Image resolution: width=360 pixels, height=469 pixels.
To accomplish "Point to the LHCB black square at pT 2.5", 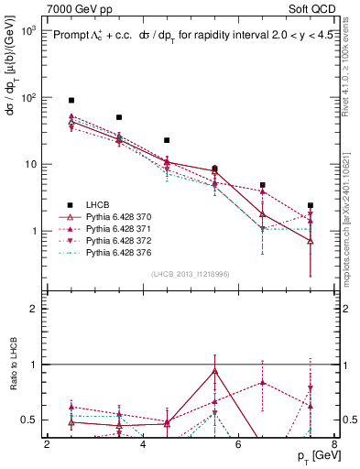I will tap(71, 100).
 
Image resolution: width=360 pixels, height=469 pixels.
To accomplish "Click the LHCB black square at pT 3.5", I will tap(119, 117).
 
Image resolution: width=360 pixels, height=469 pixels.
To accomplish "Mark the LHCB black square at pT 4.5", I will tap(167, 140).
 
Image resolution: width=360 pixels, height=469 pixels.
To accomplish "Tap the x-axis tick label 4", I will tap(143, 444).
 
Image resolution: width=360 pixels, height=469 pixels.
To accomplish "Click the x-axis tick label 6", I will tap(239, 444).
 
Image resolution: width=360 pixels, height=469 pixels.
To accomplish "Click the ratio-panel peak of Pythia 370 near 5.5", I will tap(214, 370).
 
